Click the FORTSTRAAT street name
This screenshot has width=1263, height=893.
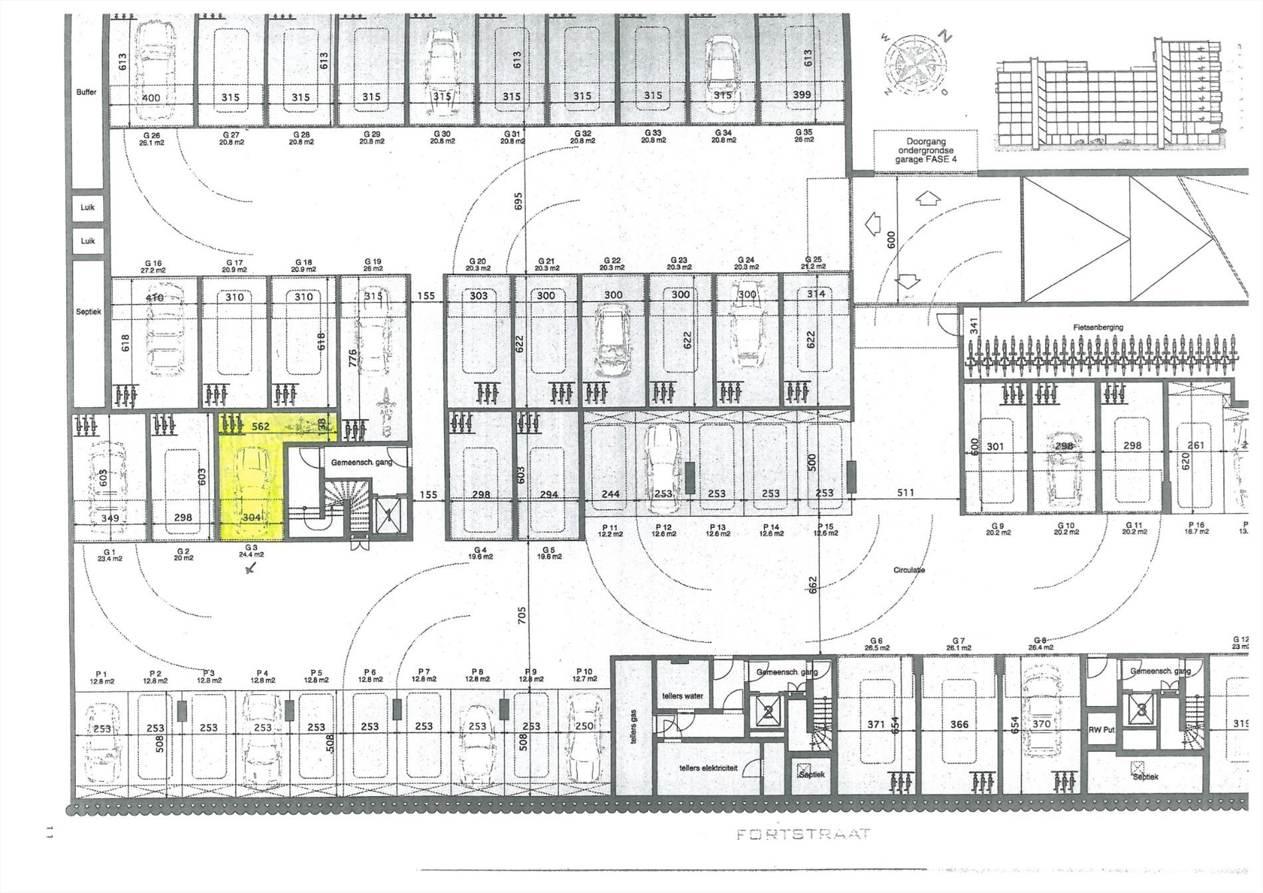[x=803, y=834]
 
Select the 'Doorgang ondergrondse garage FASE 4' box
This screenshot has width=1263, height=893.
[x=925, y=150]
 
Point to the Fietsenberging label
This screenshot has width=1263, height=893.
[x=1097, y=327]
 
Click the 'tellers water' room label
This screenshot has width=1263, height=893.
[x=682, y=696]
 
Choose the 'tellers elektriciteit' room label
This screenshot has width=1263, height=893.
[x=708, y=768]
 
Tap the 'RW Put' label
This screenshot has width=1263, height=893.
[x=1101, y=729]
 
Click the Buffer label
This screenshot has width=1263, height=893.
[x=86, y=92]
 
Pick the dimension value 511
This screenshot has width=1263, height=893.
[x=905, y=493]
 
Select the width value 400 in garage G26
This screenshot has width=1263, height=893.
[x=151, y=98]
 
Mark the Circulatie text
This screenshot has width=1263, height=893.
[x=909, y=570]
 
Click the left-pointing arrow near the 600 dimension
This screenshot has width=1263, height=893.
[x=873, y=224]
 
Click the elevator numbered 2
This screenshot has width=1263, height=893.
[x=768, y=713]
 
